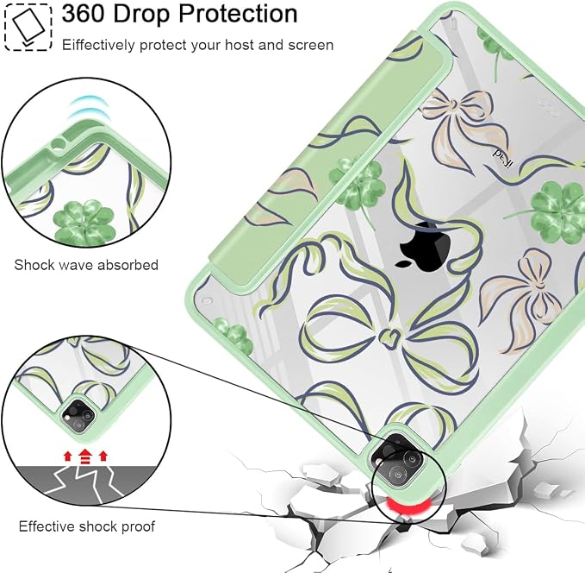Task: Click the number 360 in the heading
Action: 84,14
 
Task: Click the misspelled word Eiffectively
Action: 98,45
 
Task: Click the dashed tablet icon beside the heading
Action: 28,28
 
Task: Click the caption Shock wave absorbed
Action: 86,265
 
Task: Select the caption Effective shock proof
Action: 86,526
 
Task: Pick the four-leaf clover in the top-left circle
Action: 84,222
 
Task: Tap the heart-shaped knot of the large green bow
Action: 390,336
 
